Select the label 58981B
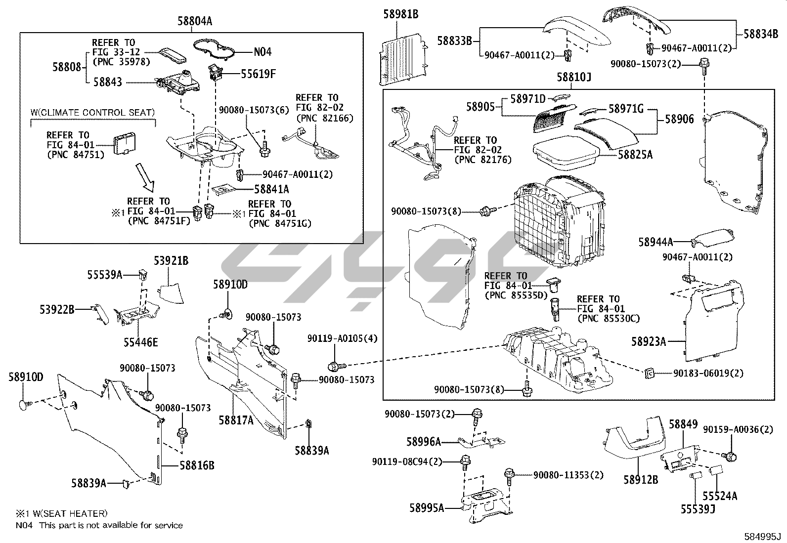pyautogui.click(x=400, y=14)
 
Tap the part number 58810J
pyautogui.click(x=574, y=78)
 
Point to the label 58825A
pyautogui.click(x=635, y=155)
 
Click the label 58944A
pyautogui.click(x=656, y=242)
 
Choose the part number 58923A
pyautogui.click(x=649, y=341)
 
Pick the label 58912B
pyautogui.click(x=640, y=479)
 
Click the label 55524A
pyautogui.click(x=720, y=496)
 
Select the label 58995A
pyautogui.click(x=427, y=508)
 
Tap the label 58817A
pyautogui.click(x=236, y=420)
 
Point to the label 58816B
pyautogui.click(x=197, y=465)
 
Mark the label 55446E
pyautogui.click(x=141, y=342)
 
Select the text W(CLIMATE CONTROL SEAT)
pyautogui.click(x=92, y=113)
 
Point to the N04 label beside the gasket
pyautogui.click(x=262, y=52)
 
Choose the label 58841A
pyautogui.click(x=271, y=189)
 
